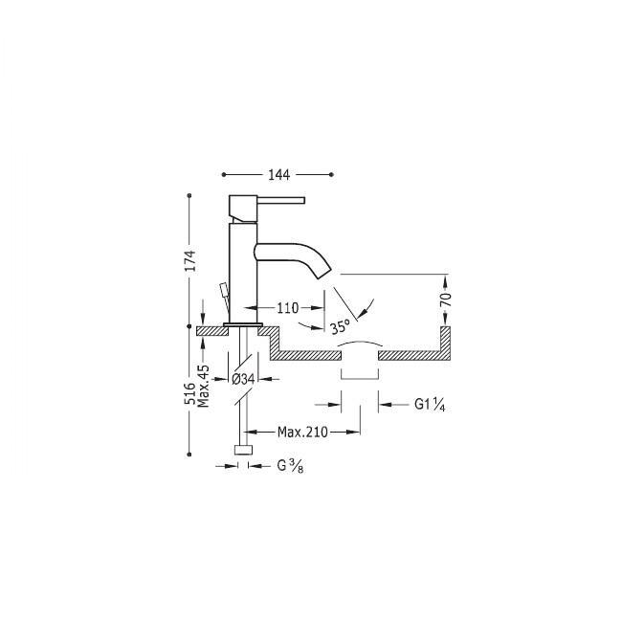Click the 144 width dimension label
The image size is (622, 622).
[279, 175]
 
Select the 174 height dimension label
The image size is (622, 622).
[191, 260]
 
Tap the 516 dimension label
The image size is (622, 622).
[190, 393]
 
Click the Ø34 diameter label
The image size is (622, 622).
[243, 379]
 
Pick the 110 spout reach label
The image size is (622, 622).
[288, 308]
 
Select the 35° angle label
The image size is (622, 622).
[341, 326]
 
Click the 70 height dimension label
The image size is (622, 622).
[446, 300]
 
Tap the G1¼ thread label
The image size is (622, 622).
[430, 405]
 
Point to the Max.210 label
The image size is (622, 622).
[302, 432]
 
